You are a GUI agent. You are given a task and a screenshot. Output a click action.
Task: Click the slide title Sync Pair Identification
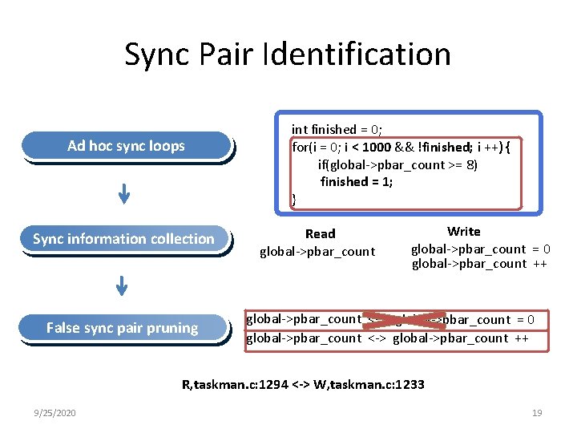(x=288, y=55)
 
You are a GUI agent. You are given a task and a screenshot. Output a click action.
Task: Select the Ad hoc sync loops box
(x=126, y=146)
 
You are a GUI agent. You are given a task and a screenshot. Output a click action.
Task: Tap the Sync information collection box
(x=123, y=239)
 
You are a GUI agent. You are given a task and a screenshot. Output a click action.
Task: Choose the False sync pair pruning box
(x=122, y=328)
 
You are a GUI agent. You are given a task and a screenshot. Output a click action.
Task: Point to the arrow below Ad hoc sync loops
(x=123, y=193)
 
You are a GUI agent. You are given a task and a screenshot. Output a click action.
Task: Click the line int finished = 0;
(x=336, y=129)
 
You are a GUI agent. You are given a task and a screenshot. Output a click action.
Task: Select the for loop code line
(x=406, y=147)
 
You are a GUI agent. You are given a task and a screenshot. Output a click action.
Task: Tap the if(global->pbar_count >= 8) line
(x=397, y=164)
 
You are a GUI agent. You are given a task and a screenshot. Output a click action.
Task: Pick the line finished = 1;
(x=357, y=182)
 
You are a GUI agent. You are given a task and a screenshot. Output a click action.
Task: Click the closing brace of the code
(x=294, y=200)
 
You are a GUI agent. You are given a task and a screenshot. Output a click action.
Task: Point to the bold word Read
(x=320, y=234)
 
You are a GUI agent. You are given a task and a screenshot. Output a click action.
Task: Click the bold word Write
(x=463, y=232)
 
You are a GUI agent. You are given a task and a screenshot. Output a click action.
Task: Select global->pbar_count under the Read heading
(x=317, y=252)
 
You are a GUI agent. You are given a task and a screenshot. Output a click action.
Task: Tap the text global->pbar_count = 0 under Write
(x=480, y=249)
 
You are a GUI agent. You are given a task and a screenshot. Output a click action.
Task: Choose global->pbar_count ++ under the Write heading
(x=479, y=264)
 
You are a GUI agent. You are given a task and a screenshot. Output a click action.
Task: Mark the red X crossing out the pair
(x=405, y=320)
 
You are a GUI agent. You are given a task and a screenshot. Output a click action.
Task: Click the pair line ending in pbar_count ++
(x=387, y=338)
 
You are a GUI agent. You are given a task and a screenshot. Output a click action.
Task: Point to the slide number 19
(x=537, y=413)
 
